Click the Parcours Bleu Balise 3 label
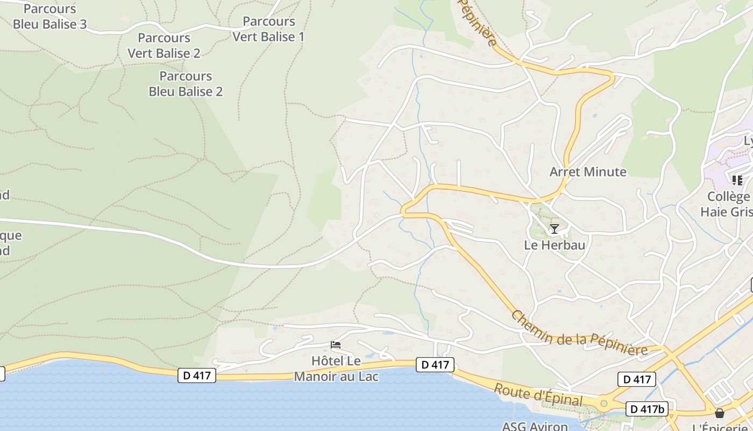(x=49, y=17)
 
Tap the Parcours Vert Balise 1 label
(x=268, y=29)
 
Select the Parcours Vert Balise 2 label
(x=164, y=46)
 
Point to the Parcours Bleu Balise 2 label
(x=186, y=84)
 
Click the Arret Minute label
(x=588, y=172)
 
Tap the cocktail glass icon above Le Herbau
(x=554, y=229)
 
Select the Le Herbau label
(x=555, y=245)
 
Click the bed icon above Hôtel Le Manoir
(x=336, y=345)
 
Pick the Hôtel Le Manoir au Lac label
(x=336, y=369)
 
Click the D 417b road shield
(x=647, y=409)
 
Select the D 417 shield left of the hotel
(x=197, y=376)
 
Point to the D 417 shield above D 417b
(x=637, y=379)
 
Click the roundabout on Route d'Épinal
(x=603, y=402)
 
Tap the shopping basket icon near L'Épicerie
(x=720, y=414)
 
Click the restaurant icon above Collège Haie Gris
(x=737, y=180)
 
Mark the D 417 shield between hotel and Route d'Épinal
(x=435, y=365)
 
